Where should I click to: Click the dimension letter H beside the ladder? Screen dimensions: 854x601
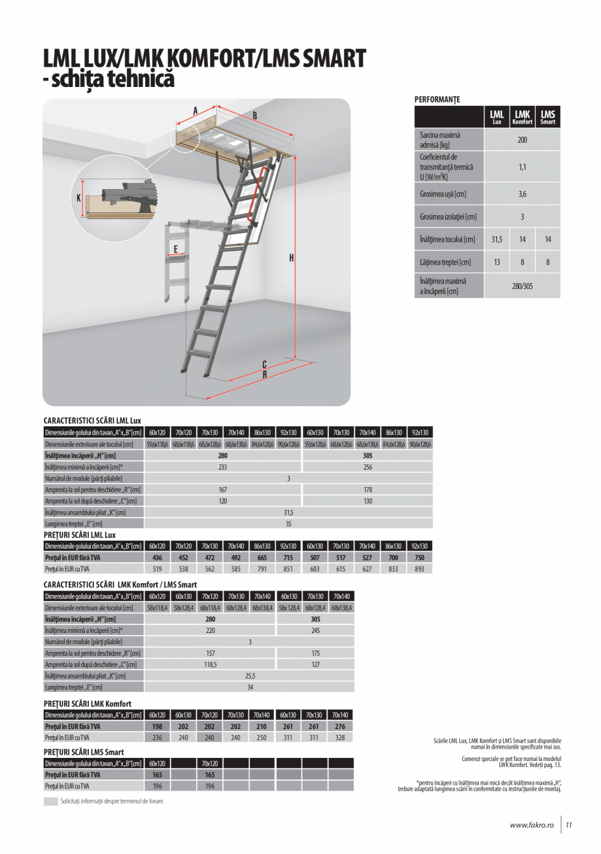[x=291, y=258]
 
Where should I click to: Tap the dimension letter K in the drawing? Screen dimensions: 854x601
[x=79, y=197]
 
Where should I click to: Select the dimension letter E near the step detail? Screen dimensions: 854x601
[x=175, y=248]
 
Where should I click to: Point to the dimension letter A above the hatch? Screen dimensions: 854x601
[x=195, y=111]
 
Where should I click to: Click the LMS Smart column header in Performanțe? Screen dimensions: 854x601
[x=547, y=118]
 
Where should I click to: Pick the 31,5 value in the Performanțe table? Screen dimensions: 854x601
[x=496, y=240]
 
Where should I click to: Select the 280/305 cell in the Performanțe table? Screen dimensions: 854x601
[x=522, y=286]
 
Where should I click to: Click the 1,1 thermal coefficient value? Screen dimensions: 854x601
[x=522, y=167]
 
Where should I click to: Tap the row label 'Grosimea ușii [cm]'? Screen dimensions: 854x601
[x=443, y=194]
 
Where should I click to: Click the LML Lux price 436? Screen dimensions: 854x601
[x=157, y=558]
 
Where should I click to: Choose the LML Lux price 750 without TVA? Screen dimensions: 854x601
[x=419, y=558]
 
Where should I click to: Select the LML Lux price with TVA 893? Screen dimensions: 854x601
[x=419, y=570]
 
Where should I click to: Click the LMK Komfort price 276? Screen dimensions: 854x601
[x=341, y=726]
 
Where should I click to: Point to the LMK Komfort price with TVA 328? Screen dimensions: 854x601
[x=341, y=738]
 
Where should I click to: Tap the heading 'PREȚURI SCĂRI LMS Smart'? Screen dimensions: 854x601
[x=84, y=752]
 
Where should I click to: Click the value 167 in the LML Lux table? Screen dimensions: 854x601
[x=223, y=489]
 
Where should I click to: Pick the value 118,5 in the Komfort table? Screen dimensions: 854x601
[x=210, y=664]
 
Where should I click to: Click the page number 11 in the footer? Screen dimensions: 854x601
[x=569, y=825]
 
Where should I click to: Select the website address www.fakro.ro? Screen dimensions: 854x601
[x=531, y=825]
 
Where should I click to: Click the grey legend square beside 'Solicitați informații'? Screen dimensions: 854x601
[x=50, y=801]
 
